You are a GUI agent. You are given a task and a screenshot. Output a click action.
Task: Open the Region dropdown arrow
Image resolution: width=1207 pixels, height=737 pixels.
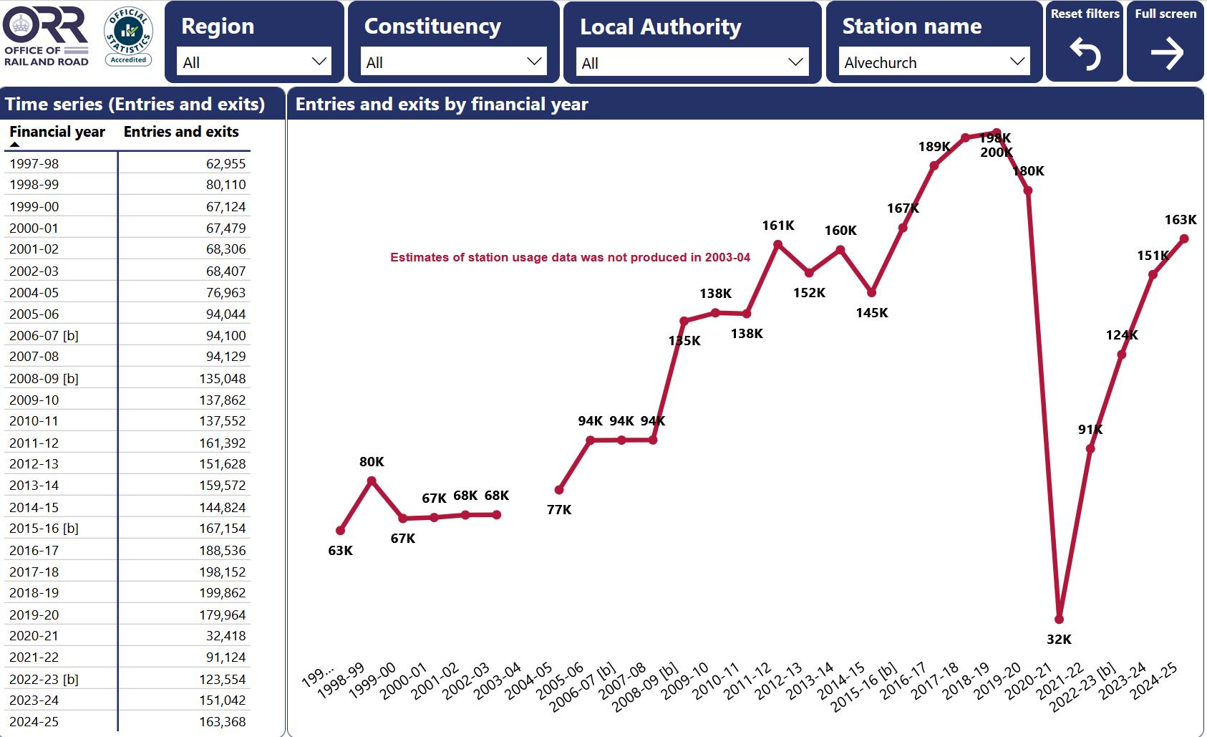(319, 62)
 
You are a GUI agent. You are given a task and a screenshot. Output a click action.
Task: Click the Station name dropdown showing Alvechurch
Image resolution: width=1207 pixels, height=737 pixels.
(934, 62)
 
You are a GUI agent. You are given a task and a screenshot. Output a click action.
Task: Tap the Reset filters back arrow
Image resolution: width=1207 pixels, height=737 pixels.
(1084, 54)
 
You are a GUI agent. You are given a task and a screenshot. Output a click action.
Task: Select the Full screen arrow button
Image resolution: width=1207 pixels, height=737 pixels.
(1165, 54)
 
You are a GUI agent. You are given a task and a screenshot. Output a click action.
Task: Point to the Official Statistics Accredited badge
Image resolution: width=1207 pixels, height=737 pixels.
(129, 36)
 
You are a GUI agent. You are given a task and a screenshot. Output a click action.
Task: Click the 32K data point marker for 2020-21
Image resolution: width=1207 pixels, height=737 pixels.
(1060, 619)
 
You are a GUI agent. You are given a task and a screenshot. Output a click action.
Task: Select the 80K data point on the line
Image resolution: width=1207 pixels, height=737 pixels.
(372, 481)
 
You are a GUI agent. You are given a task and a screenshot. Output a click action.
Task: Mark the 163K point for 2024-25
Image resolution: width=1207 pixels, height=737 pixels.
(1184, 239)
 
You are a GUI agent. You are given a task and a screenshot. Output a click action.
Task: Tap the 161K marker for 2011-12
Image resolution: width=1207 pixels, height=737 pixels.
(778, 245)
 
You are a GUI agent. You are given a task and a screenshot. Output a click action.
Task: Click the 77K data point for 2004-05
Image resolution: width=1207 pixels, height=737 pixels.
(559, 490)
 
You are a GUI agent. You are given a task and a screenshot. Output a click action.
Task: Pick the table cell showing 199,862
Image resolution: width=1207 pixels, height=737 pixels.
(222, 593)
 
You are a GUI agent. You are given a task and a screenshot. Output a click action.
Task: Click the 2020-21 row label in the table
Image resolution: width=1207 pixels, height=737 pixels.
(34, 636)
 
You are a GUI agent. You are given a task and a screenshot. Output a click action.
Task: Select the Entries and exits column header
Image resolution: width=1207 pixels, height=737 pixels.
(181, 132)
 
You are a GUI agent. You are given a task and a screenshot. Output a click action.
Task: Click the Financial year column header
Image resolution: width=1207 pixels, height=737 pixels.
(57, 132)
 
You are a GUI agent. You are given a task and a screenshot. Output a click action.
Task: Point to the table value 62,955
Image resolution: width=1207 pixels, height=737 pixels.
(226, 164)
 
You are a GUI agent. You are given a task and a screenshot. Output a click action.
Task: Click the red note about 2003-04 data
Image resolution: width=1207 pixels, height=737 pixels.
(570, 257)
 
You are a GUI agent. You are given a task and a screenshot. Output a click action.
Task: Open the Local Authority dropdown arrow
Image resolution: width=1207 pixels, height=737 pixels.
(795, 62)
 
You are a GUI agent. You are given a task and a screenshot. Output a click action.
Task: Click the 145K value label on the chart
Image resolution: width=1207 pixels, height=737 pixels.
(871, 312)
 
